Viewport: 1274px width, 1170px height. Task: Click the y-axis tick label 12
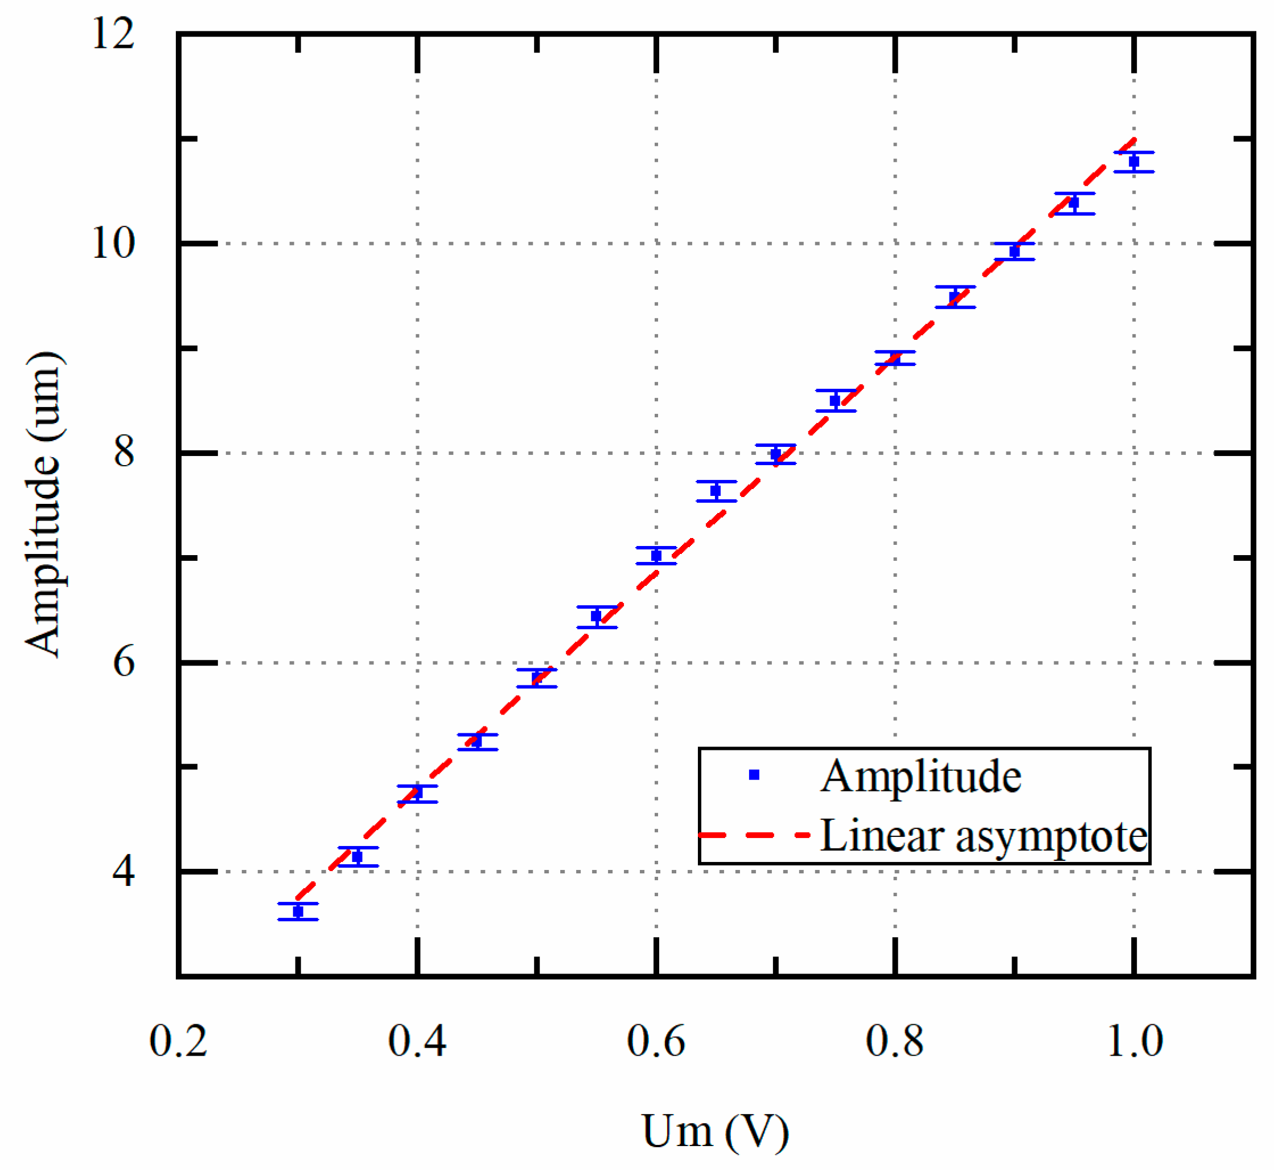tap(113, 34)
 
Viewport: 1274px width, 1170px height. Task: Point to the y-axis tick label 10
tap(113, 243)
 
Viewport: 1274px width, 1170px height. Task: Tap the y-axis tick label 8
tap(124, 453)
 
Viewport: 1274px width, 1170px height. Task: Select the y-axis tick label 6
tap(124, 663)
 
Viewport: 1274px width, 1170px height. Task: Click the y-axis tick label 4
tap(124, 872)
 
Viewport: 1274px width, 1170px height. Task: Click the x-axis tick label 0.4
tap(417, 1041)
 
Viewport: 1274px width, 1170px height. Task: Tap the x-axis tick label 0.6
tap(656, 1041)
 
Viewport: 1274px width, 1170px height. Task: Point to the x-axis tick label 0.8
tap(894, 1041)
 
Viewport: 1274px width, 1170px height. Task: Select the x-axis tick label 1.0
tap(1135, 1041)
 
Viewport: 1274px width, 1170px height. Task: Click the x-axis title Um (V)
tap(716, 1131)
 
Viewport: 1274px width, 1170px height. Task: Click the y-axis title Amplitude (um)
tap(44, 504)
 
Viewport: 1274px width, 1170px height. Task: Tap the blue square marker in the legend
tap(754, 775)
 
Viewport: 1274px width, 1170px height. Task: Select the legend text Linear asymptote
tap(984, 836)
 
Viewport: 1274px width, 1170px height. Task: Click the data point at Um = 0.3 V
tap(298, 912)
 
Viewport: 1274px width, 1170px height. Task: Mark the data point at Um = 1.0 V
tap(1133, 162)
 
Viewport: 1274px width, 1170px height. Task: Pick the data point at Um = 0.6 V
tap(656, 555)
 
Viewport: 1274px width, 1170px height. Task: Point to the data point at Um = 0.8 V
tap(895, 358)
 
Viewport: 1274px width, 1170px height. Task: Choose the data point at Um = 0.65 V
tap(716, 491)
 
